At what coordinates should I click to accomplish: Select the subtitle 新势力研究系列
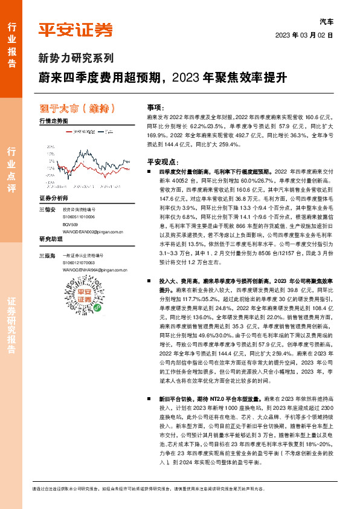point(76,59)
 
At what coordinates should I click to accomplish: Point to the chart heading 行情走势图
point(53,122)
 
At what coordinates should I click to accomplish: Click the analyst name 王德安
point(47,210)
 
